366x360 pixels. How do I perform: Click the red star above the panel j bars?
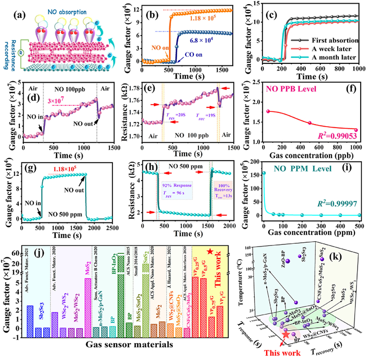pos(210,252)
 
